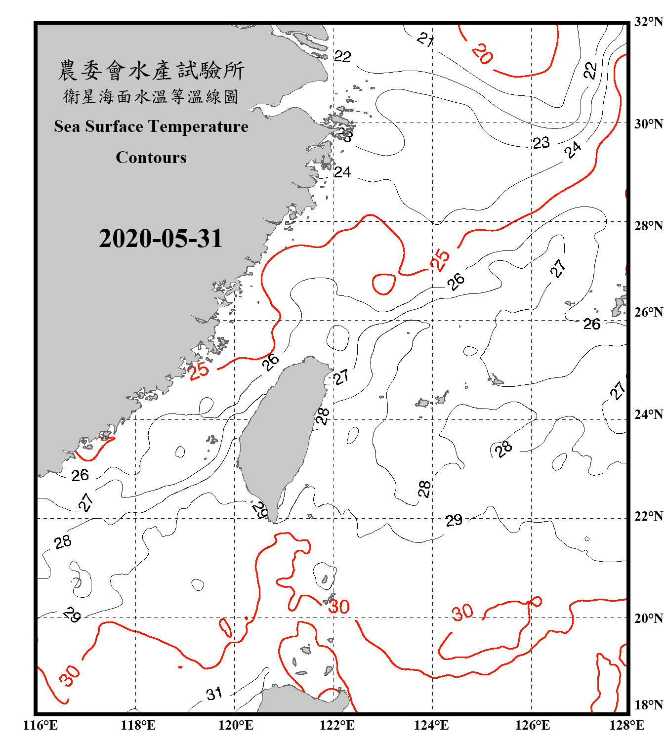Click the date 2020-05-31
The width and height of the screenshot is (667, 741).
pyautogui.click(x=161, y=239)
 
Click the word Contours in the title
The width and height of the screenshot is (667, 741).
pyautogui.click(x=151, y=158)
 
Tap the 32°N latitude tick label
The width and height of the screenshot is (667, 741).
pyautogui.click(x=648, y=22)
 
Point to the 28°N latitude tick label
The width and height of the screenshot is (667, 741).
pyautogui.click(x=648, y=226)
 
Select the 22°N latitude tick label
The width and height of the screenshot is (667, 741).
pyautogui.click(x=648, y=516)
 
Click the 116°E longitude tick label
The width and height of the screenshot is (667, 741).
pyautogui.click(x=41, y=725)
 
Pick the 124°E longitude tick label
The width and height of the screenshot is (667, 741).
pyautogui.click(x=431, y=725)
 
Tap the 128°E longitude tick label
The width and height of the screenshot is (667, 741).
pyautogui.click(x=626, y=725)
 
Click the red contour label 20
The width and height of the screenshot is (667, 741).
pyautogui.click(x=482, y=54)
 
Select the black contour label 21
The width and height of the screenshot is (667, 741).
pyautogui.click(x=425, y=39)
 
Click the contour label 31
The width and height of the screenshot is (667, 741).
pyautogui.click(x=214, y=694)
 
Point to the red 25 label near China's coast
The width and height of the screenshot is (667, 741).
pyautogui.click(x=199, y=370)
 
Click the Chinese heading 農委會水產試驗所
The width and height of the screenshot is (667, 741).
pyautogui.click(x=151, y=71)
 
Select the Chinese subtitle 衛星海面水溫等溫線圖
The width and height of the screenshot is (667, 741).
pyautogui.click(x=151, y=96)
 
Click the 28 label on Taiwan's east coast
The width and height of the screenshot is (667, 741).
pyautogui.click(x=322, y=416)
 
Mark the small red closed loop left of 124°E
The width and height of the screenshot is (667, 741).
pyautogui.click(x=383, y=284)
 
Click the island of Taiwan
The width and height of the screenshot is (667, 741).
pyautogui.click(x=279, y=435)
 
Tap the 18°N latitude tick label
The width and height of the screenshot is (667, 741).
pyautogui.click(x=648, y=705)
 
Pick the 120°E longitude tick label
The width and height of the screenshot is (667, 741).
pyautogui.click(x=236, y=725)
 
